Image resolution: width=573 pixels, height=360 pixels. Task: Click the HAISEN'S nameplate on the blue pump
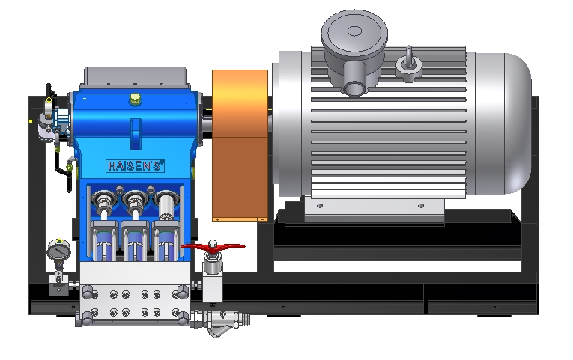(136, 166)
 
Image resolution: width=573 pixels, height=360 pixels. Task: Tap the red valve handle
(213, 247)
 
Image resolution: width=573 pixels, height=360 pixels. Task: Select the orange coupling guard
(240, 145)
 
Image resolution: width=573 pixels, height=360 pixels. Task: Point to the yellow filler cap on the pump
(135, 99)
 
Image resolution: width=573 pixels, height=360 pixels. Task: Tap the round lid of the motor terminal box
(354, 32)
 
